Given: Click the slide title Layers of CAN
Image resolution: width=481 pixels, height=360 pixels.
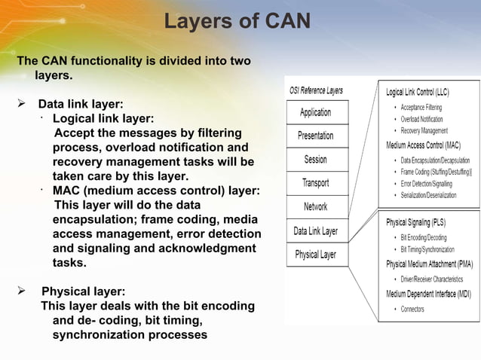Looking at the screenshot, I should pyautogui.click(x=237, y=20).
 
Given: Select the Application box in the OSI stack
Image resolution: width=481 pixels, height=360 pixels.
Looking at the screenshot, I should pyautogui.click(x=315, y=112).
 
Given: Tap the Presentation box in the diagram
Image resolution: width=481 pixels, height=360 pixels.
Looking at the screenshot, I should pyautogui.click(x=315, y=136).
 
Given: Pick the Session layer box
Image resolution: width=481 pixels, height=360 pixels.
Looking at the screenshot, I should pyautogui.click(x=315, y=160).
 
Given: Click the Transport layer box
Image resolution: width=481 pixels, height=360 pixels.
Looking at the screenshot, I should pyautogui.click(x=315, y=183).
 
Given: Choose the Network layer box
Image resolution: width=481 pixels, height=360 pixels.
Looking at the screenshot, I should pyautogui.click(x=315, y=206).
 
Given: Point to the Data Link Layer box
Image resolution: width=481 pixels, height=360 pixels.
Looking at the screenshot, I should pyautogui.click(x=315, y=230).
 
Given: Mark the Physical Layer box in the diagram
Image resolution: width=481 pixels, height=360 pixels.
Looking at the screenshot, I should pyautogui.click(x=315, y=255).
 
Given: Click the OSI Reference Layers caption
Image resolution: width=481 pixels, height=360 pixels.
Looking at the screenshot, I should pyautogui.click(x=316, y=90).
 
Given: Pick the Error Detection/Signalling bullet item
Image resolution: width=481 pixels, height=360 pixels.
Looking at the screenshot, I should pyautogui.click(x=433, y=183).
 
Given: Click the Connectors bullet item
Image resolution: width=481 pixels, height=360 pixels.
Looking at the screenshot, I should pyautogui.click(x=412, y=309).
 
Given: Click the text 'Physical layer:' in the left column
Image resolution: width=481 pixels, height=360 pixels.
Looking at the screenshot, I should pyautogui.click(x=83, y=291).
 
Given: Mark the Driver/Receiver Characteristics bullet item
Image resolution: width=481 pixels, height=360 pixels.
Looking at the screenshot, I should pyautogui.click(x=437, y=279).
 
